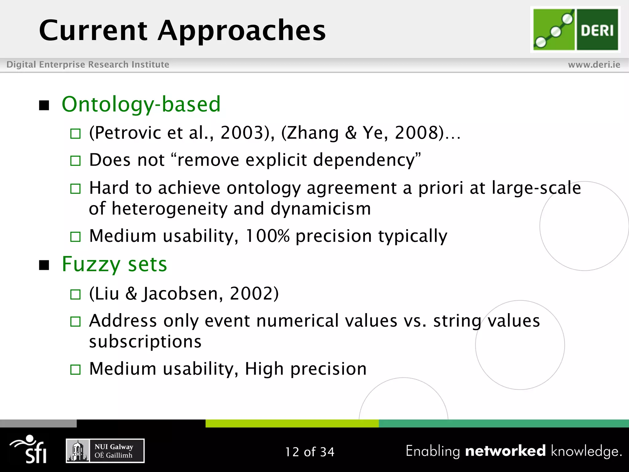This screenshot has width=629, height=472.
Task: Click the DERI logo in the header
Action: (575, 30)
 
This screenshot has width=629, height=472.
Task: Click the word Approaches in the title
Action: (241, 30)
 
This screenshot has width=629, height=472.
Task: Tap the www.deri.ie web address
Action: (594, 65)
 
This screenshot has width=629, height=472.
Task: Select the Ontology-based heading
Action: (141, 104)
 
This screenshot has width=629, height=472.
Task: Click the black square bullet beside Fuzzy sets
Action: (44, 265)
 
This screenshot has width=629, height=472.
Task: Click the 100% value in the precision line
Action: (268, 236)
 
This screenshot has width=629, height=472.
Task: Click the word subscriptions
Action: (145, 341)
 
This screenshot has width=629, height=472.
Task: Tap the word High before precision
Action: (264, 369)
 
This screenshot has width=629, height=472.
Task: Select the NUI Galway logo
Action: (105, 451)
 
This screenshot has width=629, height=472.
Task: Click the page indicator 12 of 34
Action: (310, 452)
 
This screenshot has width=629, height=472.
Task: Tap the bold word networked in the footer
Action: (505, 451)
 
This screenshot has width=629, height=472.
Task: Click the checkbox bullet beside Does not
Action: (75, 161)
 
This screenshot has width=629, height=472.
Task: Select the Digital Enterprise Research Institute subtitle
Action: (88, 65)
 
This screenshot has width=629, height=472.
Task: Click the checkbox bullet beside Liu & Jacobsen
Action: (75, 294)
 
